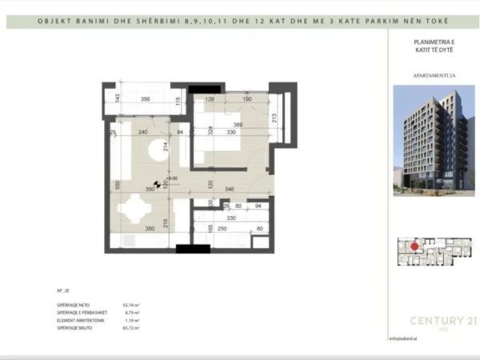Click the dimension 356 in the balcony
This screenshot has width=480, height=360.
[145, 100]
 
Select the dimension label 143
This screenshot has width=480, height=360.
[117, 99]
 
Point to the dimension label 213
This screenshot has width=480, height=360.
[274, 120]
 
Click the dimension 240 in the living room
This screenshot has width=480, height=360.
[143, 133]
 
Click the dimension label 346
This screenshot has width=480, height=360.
[229, 190]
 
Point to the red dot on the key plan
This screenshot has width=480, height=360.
[414, 247]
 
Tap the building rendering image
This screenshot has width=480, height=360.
[433, 141]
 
